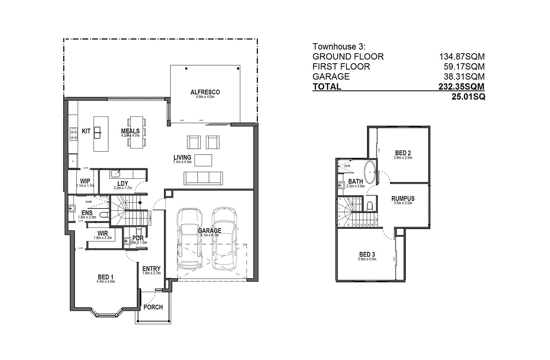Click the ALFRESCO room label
(x=205, y=92)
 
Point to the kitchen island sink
(x=98, y=131)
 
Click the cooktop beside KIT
(x=73, y=134)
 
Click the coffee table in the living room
(x=203, y=160)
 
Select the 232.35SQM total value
(x=461, y=87)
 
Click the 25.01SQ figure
(x=468, y=97)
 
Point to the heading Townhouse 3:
(x=339, y=46)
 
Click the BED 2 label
(x=403, y=153)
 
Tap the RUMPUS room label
(x=403, y=199)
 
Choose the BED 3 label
(x=367, y=255)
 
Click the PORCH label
(x=153, y=307)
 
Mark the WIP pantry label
(x=85, y=181)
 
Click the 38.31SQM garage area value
(x=464, y=76)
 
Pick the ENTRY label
(x=151, y=269)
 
